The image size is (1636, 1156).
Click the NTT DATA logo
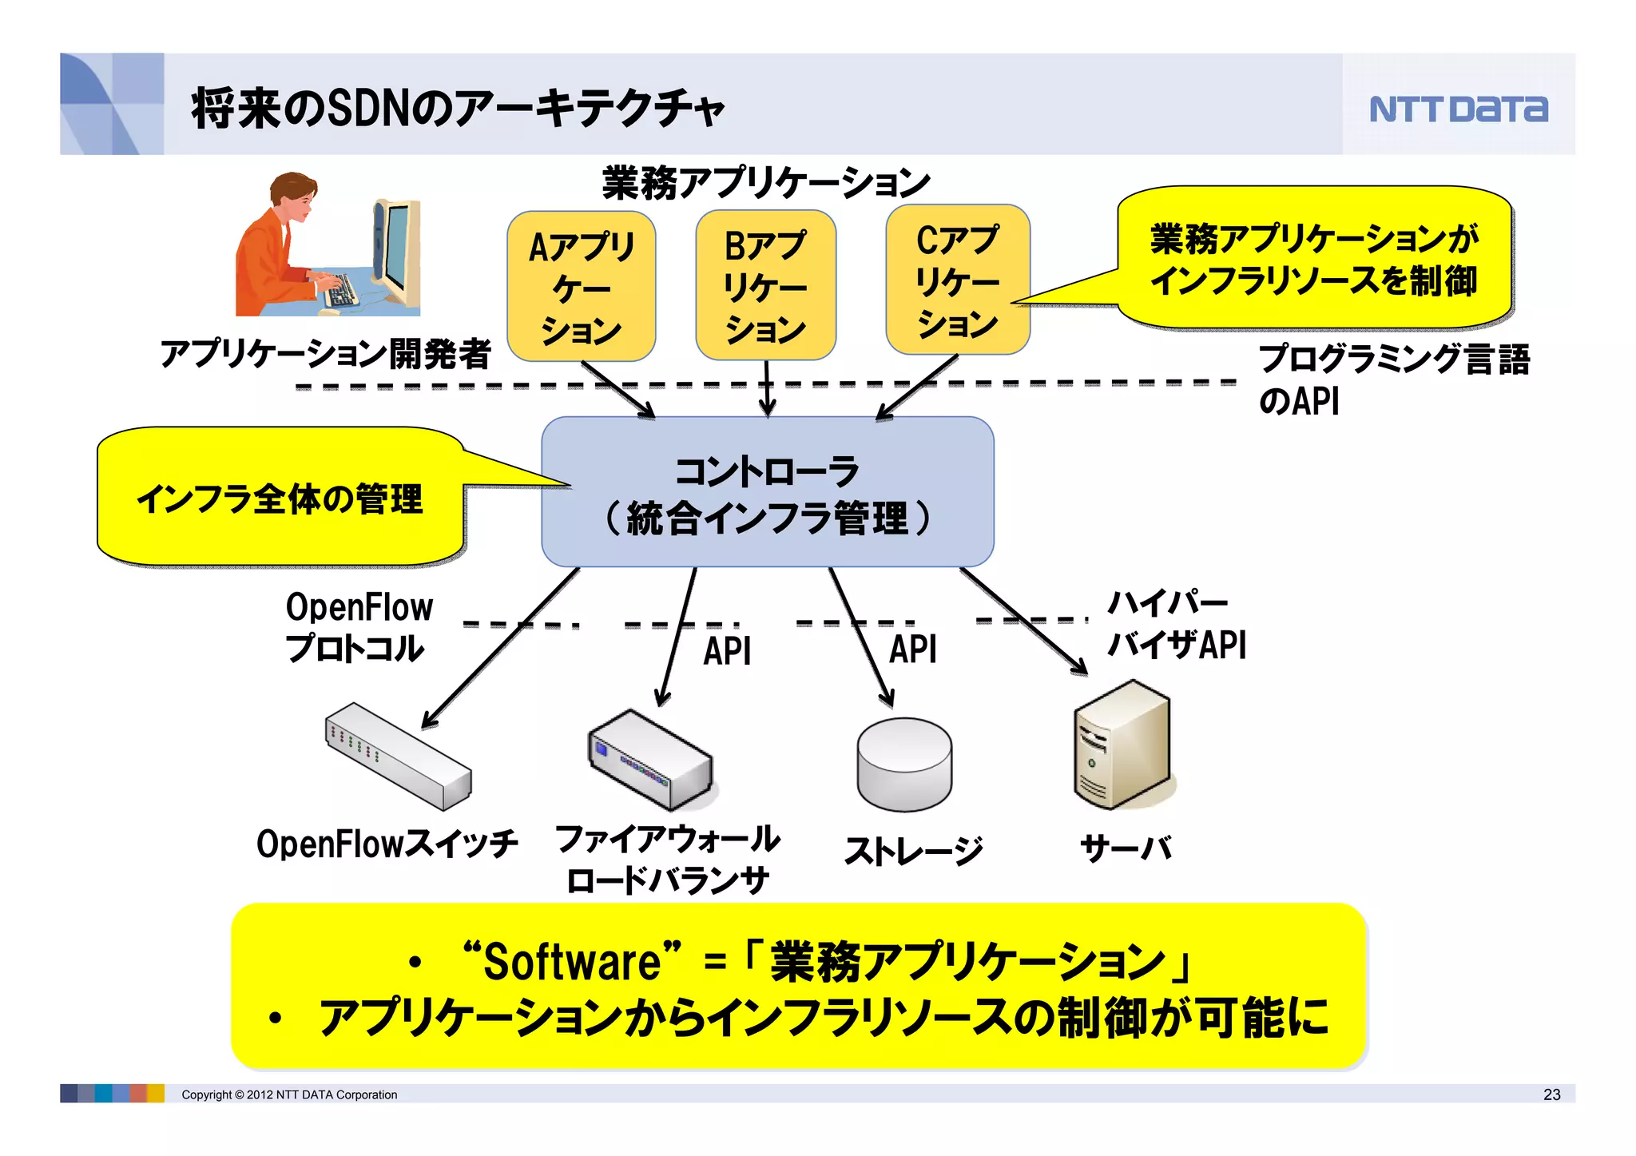1459,109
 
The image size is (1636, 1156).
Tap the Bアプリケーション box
765,286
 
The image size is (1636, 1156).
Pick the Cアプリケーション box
957,280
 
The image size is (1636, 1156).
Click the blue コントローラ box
767,492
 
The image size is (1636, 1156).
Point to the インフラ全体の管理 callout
280,499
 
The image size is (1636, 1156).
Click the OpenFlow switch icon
398,756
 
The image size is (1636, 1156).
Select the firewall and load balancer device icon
649,760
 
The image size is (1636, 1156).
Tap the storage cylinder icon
904,764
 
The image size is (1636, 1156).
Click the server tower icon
1122,745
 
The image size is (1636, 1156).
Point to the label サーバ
1126,848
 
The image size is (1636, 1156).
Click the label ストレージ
913,850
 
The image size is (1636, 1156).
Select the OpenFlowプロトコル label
359,628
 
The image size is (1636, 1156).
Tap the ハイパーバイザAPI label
1175,625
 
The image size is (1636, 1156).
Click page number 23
1551,1094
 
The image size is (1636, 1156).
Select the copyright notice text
288,1094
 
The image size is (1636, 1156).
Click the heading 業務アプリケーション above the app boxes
765,183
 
